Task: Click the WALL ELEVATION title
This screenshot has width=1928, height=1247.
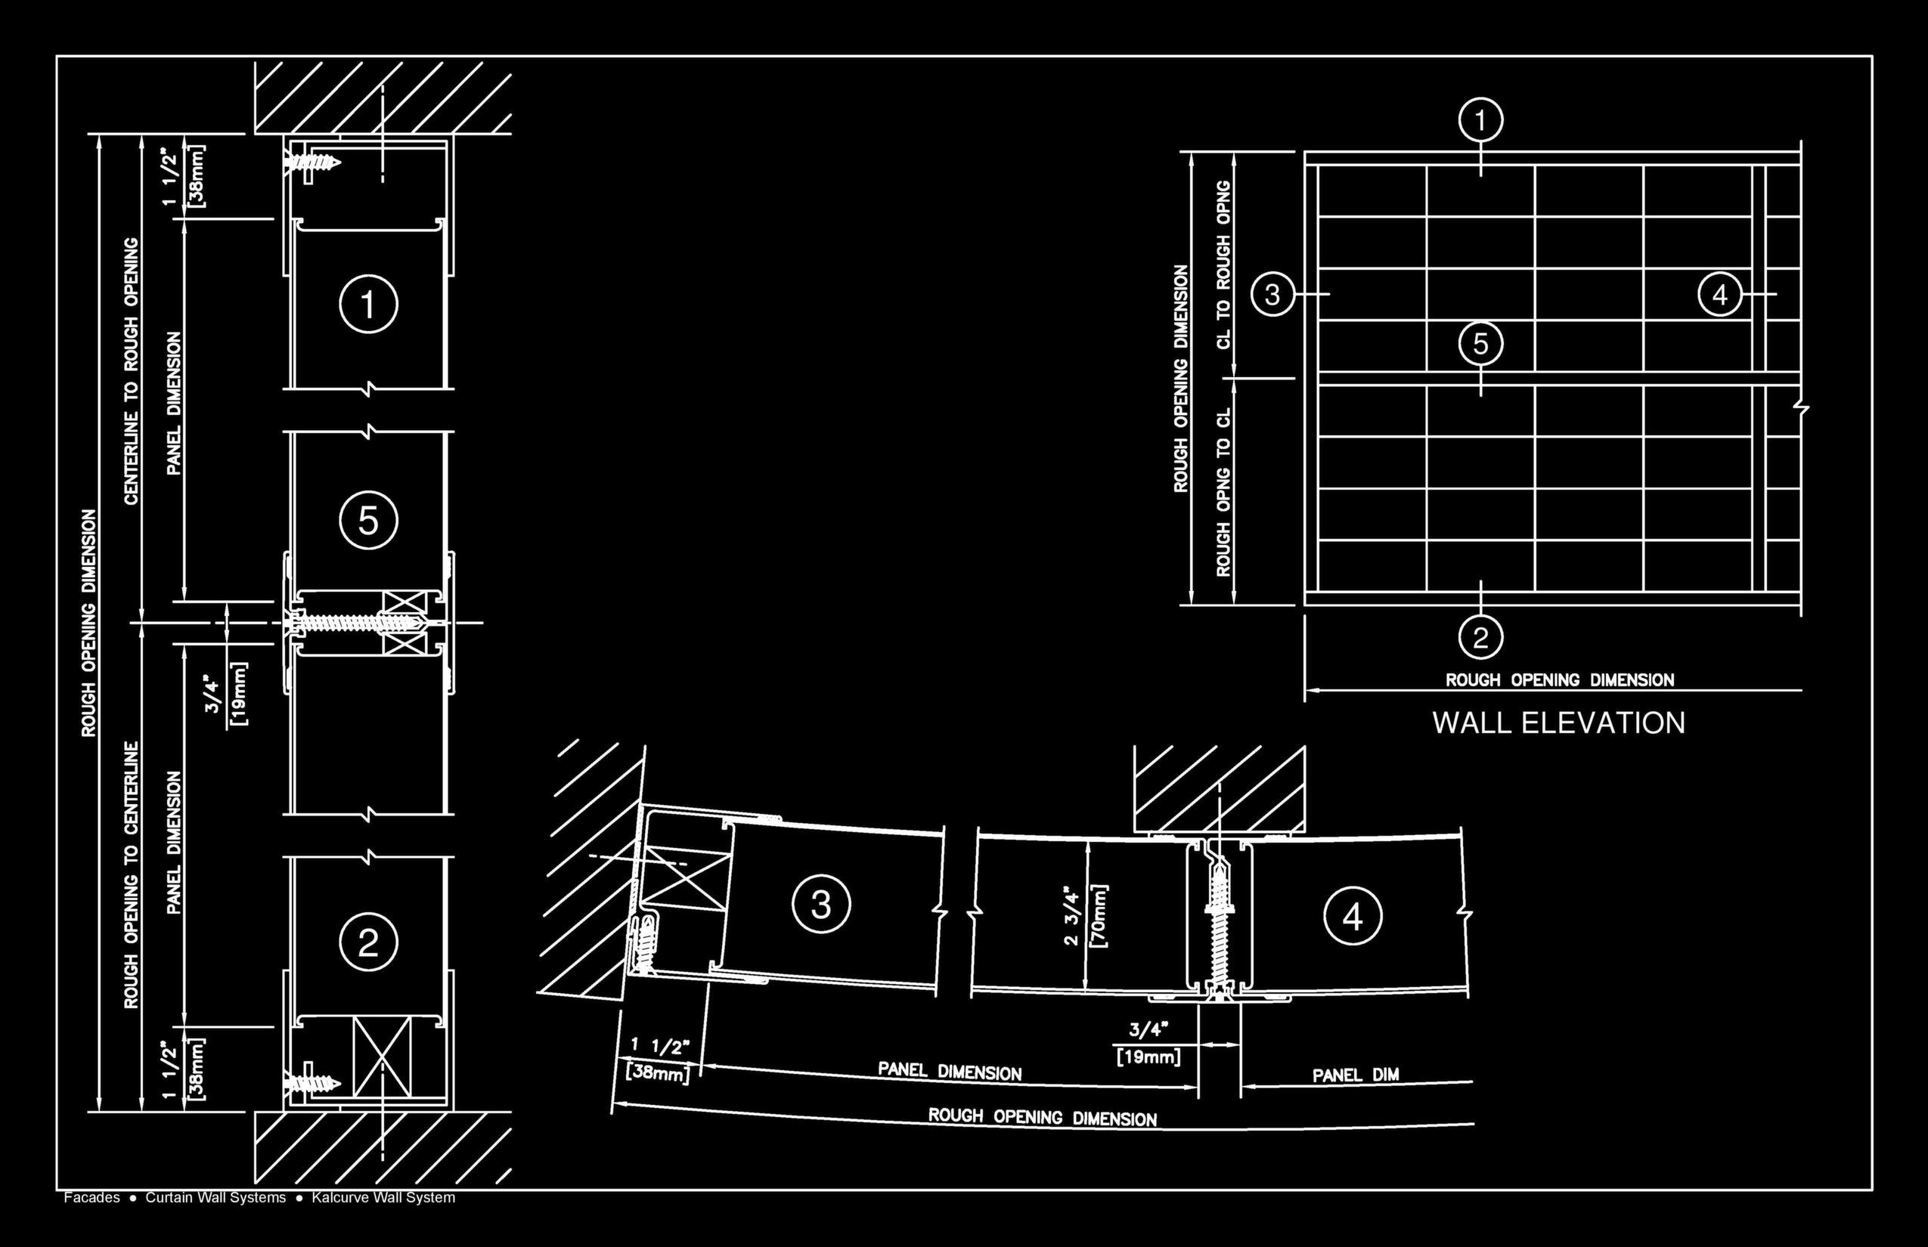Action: (x=1558, y=723)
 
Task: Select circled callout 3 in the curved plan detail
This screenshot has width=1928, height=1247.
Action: (x=820, y=904)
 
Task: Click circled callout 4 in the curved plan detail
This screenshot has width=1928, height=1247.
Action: (x=1352, y=917)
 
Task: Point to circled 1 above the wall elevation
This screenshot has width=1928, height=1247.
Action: (x=1480, y=122)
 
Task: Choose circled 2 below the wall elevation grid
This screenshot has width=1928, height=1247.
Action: (x=1480, y=637)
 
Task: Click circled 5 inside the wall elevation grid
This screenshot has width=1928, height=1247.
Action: (x=1480, y=343)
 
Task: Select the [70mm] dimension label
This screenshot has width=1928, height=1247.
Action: (x=1099, y=916)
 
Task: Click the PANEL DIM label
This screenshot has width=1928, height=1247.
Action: (x=1355, y=1075)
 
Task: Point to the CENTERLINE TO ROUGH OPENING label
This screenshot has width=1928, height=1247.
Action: (x=132, y=371)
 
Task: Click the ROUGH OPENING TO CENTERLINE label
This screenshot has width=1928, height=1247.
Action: (x=132, y=874)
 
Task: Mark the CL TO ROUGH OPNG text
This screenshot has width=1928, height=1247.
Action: (x=1223, y=265)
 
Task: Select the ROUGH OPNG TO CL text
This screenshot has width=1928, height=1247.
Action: (x=1223, y=491)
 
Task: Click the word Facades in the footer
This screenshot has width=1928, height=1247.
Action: (x=91, y=1198)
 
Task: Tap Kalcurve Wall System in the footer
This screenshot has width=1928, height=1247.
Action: (x=383, y=1198)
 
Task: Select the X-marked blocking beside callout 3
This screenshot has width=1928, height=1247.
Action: (x=683, y=877)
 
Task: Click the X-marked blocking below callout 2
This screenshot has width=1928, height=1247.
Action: (x=382, y=1057)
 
